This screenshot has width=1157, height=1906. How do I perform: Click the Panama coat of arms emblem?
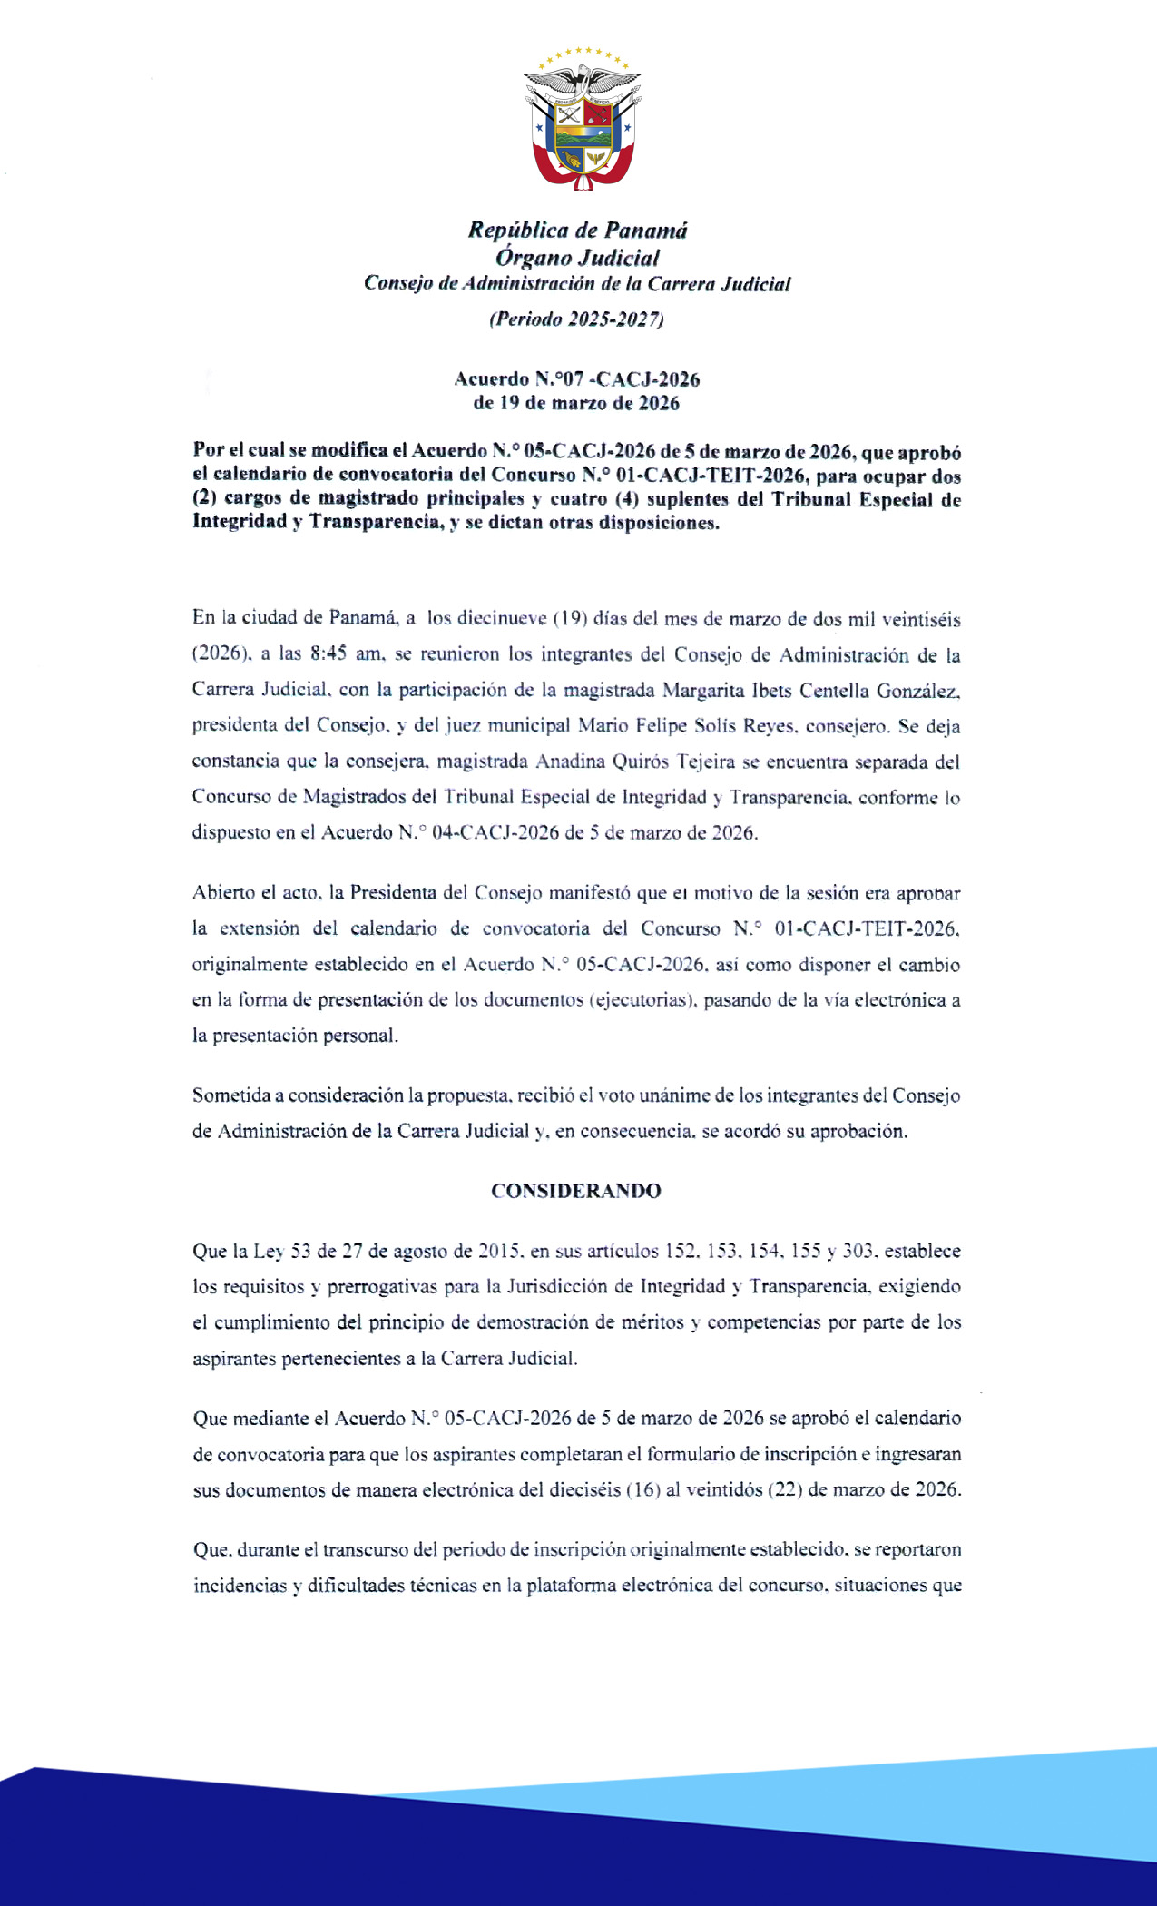[582, 118]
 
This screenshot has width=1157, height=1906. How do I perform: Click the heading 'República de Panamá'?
[577, 231]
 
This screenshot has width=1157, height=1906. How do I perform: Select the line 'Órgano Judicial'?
[577, 258]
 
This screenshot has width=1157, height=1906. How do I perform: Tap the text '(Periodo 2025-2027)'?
[576, 319]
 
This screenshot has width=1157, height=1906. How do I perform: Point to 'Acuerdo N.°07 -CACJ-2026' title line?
[576, 379]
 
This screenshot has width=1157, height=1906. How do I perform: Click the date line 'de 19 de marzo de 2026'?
[576, 403]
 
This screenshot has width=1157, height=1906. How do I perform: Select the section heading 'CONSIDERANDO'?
[576, 1191]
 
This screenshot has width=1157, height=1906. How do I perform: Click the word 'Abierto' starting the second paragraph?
[222, 892]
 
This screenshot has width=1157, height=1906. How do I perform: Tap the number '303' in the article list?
[858, 1251]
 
